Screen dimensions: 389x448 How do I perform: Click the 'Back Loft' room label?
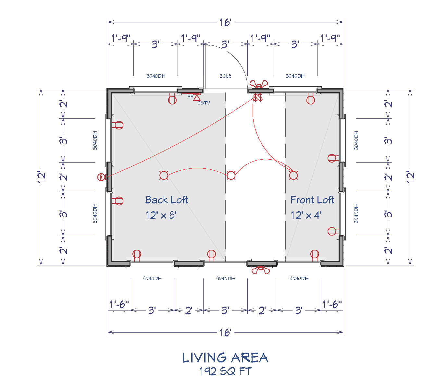(x=166, y=200)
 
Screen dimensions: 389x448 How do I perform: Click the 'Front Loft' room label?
(x=312, y=200)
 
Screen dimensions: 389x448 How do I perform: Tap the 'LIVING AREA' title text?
(x=225, y=358)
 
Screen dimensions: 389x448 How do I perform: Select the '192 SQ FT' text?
(x=225, y=371)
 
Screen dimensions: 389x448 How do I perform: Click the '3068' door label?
(x=225, y=76)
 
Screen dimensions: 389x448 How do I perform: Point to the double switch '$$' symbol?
(x=258, y=98)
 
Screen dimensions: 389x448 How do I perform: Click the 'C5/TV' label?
(x=204, y=103)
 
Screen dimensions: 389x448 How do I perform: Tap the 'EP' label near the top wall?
(x=190, y=97)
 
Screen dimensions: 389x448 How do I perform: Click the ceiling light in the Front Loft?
(x=293, y=176)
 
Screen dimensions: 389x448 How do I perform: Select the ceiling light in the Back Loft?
(x=164, y=176)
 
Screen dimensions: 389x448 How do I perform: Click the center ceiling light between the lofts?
(x=231, y=176)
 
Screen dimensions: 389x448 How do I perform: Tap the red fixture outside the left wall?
(x=102, y=177)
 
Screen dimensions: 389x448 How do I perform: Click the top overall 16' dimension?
(x=225, y=22)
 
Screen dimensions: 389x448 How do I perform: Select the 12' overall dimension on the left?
(x=41, y=177)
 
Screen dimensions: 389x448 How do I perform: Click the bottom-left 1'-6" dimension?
(x=119, y=305)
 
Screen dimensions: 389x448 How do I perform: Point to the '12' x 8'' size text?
(x=161, y=215)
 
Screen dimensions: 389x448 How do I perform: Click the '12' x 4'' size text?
(x=306, y=215)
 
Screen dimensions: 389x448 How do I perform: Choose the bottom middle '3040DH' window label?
(x=225, y=279)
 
